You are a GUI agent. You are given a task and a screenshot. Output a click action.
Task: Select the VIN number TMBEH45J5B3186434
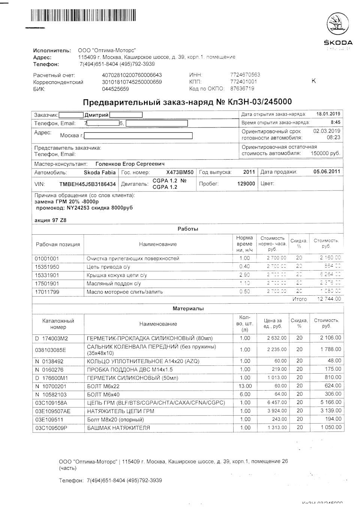87,184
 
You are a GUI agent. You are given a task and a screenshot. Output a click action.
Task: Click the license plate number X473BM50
180,172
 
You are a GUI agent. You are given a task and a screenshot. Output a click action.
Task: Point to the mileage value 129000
246,184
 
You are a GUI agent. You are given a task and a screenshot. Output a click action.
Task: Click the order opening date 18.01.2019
328,114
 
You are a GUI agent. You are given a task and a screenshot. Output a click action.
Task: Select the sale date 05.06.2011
326,172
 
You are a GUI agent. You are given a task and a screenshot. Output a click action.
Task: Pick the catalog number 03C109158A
51,403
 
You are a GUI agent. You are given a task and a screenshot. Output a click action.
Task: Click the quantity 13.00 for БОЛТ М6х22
244,386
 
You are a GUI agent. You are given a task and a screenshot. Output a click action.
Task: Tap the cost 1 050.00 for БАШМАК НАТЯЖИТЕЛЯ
331,428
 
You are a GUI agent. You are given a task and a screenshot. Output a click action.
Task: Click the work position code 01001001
47,259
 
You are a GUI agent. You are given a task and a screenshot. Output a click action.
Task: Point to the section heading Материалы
188,309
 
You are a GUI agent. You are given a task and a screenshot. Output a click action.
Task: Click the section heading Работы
188,229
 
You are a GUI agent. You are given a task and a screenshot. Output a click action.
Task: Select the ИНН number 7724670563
245,75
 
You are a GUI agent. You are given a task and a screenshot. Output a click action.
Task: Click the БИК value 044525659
115,89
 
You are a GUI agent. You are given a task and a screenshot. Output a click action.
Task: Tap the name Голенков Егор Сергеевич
130,164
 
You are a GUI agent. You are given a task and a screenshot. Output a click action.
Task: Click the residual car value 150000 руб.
325,154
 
